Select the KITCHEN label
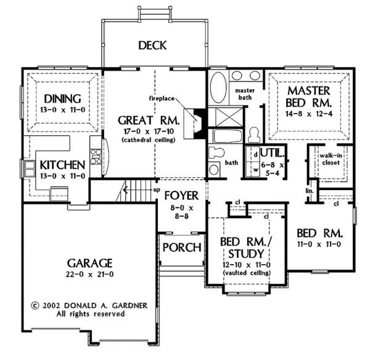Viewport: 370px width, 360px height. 62,165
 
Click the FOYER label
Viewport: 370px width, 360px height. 181,196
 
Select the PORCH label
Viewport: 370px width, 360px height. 181,248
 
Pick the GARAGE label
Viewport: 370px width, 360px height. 90,262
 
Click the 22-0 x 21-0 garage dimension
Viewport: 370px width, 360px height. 90,274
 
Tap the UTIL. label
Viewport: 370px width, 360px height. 272,153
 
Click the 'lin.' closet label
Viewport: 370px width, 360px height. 309,192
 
